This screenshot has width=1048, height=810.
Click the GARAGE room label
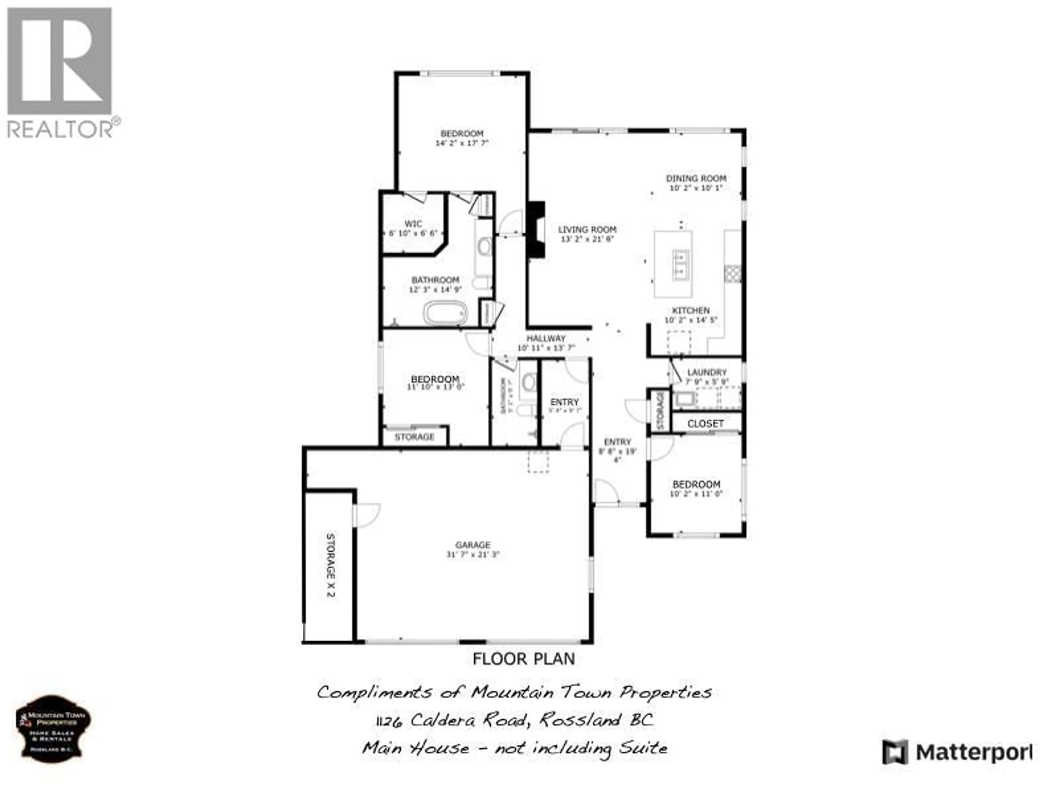[x=473, y=545]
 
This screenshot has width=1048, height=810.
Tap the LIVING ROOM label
[x=587, y=230]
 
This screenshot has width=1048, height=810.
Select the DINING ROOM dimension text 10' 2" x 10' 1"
[x=696, y=188]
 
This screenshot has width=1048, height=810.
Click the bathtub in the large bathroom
[x=445, y=313]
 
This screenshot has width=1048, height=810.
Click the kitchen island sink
[x=680, y=264]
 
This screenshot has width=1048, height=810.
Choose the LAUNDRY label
[x=707, y=372]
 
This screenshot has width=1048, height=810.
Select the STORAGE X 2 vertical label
[x=330, y=565]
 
